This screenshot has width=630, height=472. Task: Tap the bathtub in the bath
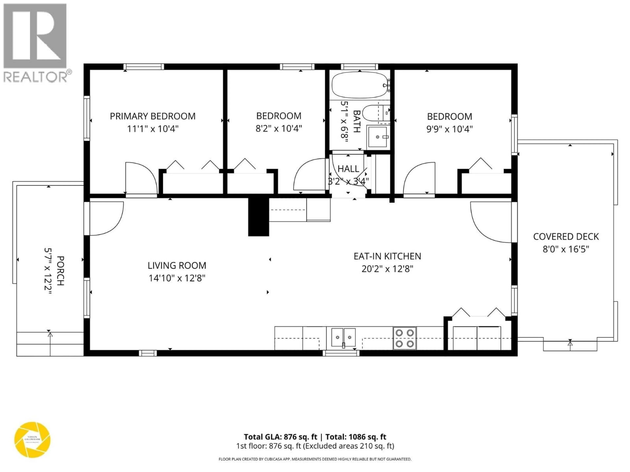359,85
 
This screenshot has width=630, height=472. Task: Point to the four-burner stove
404,338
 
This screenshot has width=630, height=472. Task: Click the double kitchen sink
344,337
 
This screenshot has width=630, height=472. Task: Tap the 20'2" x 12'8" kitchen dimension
387,269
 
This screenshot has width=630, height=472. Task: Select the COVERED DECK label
566,237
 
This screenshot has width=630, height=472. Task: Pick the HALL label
348,169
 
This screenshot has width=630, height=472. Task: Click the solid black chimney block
259,217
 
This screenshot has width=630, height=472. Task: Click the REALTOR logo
36,43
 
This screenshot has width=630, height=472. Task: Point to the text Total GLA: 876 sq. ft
280,437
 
